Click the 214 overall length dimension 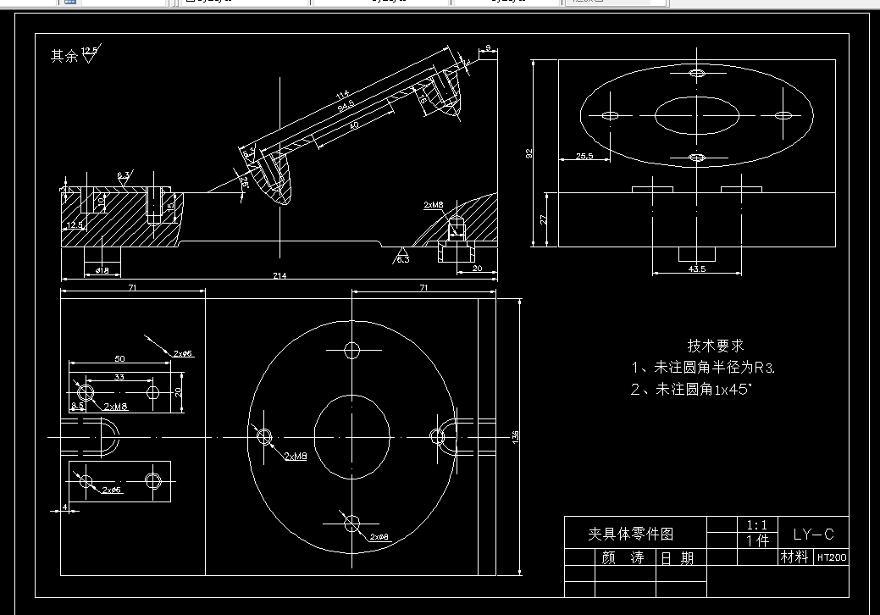(x=279, y=275)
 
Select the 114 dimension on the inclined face (x=342, y=94)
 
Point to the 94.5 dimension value (x=346, y=108)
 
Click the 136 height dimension (x=516, y=435)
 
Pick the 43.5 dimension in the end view (x=696, y=269)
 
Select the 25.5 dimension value (x=584, y=156)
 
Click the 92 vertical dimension (x=529, y=153)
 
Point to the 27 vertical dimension (x=544, y=219)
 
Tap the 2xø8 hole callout (x=379, y=537)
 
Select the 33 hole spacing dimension (x=119, y=376)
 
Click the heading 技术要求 (x=716, y=346)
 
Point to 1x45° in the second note (x=732, y=390)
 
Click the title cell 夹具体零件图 (x=632, y=534)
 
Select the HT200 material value (x=831, y=557)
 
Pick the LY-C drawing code (x=813, y=534)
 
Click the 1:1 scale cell (x=756, y=525)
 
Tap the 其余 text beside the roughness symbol (x=64, y=57)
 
